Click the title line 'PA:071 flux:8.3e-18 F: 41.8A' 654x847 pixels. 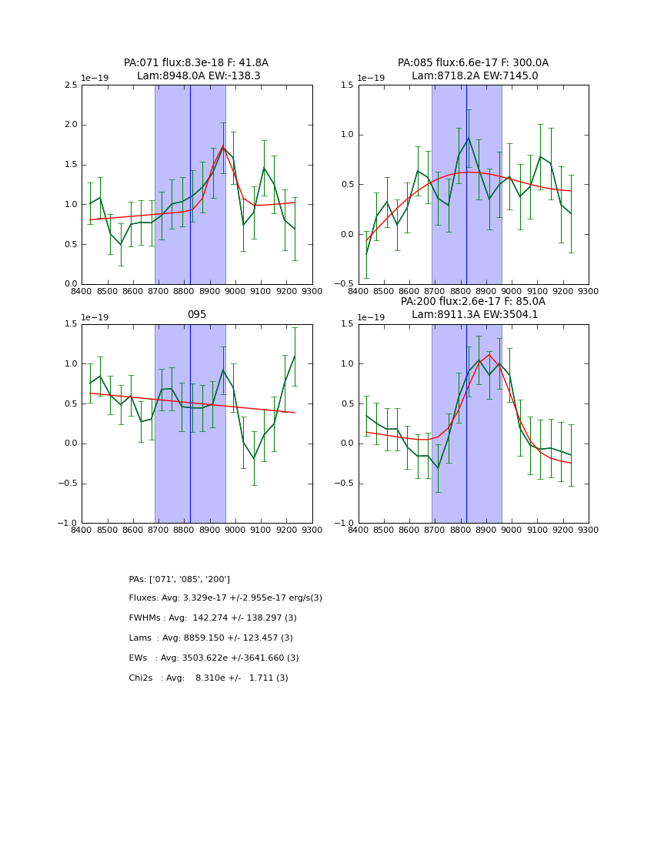click(196, 63)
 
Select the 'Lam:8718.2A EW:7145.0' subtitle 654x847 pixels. click(473, 76)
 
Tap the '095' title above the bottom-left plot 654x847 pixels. click(197, 315)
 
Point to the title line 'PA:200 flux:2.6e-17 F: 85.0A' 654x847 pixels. click(473, 302)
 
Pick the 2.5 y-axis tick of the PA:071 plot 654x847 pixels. click(71, 85)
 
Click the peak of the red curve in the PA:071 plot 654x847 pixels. click(223, 146)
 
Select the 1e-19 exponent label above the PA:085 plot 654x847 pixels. click(370, 79)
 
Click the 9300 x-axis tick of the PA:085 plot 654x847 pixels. click(589, 291)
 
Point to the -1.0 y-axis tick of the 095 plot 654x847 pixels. click(68, 524)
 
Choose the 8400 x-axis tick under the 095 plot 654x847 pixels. click(82, 531)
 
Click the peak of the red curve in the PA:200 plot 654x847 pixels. click(489, 354)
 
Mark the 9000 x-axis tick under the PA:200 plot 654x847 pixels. click(512, 531)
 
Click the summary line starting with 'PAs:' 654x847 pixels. click(179, 579)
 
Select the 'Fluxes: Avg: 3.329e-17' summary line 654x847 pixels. click(225, 598)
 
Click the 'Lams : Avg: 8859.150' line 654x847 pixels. click(211, 638)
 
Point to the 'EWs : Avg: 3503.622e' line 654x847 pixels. click(214, 658)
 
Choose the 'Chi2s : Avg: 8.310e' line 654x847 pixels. click(209, 678)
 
